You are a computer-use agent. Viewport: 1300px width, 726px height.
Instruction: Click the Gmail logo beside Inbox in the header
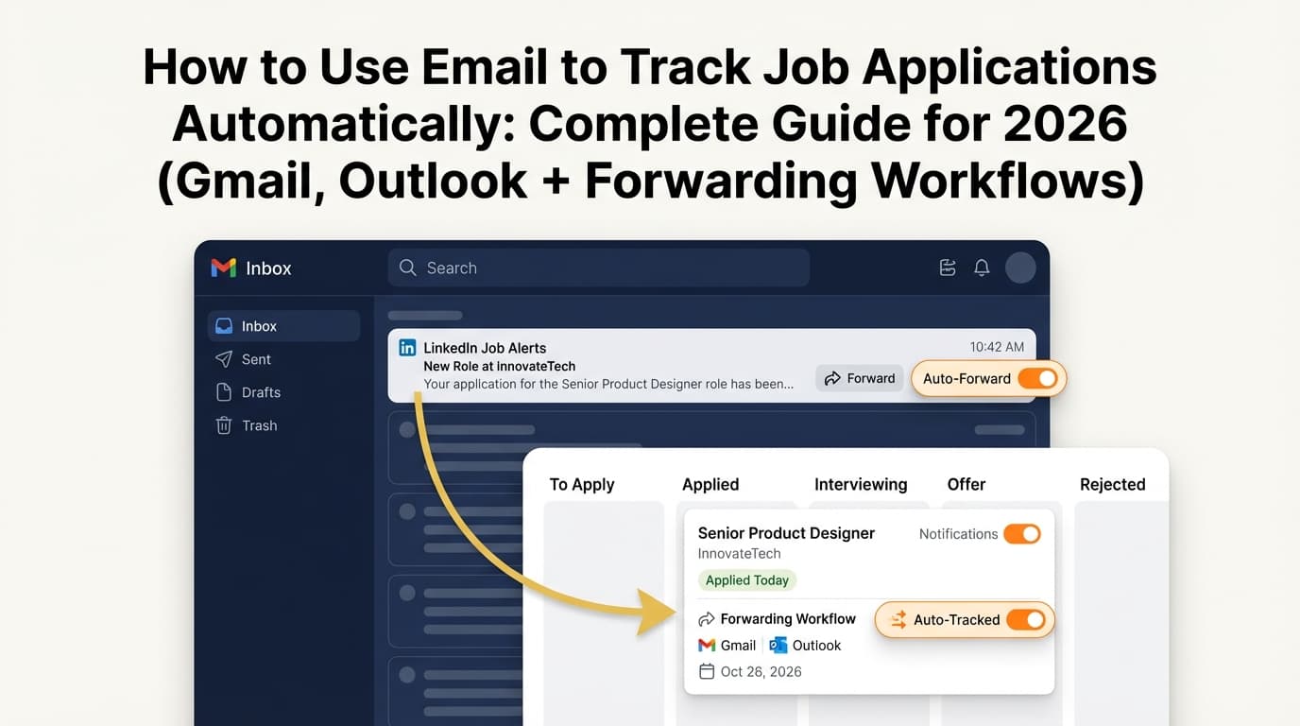click(224, 268)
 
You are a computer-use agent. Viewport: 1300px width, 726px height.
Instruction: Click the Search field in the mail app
click(598, 268)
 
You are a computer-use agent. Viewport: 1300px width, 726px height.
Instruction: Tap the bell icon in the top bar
click(982, 268)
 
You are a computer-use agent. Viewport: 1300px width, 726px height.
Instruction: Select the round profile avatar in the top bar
click(1020, 268)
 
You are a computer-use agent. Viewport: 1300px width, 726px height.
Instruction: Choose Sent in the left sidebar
click(255, 359)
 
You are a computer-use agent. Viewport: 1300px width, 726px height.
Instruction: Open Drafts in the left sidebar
click(261, 392)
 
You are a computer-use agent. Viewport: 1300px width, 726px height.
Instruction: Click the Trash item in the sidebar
click(259, 425)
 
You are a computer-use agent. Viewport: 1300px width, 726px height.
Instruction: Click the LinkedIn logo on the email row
click(407, 348)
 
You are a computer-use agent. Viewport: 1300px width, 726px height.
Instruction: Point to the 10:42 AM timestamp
click(997, 347)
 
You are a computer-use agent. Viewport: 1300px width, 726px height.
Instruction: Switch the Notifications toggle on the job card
click(1021, 534)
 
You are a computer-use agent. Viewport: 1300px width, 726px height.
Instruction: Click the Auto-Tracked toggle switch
click(1025, 620)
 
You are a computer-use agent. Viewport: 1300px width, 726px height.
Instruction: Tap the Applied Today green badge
click(747, 580)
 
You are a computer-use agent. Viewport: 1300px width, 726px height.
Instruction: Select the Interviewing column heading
click(861, 484)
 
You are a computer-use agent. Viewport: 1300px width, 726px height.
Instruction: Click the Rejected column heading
click(1112, 484)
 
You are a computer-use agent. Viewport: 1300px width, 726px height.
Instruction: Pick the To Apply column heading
click(582, 484)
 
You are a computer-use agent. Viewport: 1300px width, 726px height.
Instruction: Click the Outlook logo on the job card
click(778, 646)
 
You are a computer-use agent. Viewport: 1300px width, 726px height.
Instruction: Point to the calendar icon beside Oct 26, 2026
click(706, 672)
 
